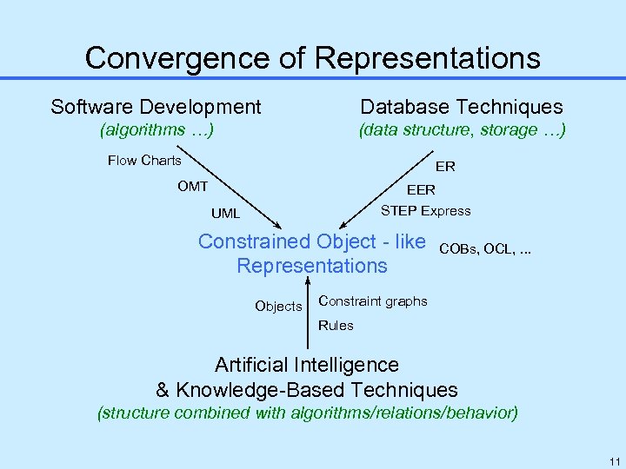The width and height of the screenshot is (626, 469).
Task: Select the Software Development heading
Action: (156, 107)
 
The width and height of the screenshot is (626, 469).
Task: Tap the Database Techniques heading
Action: (462, 107)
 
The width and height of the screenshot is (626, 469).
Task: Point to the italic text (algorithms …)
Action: (157, 130)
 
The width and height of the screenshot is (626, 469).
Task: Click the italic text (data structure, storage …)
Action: (463, 130)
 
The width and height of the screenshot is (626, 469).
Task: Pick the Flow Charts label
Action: (144, 160)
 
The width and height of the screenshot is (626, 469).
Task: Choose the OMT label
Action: (192, 186)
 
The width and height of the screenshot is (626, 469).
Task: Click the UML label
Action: (225, 214)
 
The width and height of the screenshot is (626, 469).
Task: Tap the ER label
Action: (445, 166)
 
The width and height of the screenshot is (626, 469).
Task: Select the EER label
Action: (421, 189)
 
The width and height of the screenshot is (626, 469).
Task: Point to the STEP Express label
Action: (425, 210)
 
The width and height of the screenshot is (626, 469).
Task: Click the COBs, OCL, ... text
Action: (485, 249)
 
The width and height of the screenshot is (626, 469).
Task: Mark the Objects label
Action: (278, 306)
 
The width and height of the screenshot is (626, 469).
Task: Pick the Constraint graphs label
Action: (373, 301)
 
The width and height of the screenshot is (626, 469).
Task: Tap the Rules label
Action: (336, 326)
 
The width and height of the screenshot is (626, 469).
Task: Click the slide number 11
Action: (615, 460)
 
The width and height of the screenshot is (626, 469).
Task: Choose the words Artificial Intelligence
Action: (306, 365)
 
